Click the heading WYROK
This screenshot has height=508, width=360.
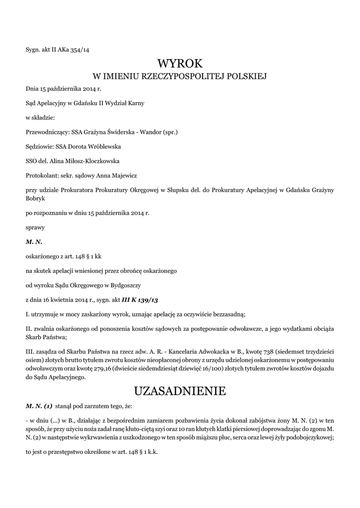point(180,63)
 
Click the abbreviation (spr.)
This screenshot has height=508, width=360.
point(169,132)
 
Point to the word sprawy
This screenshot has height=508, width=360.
point(35,227)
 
